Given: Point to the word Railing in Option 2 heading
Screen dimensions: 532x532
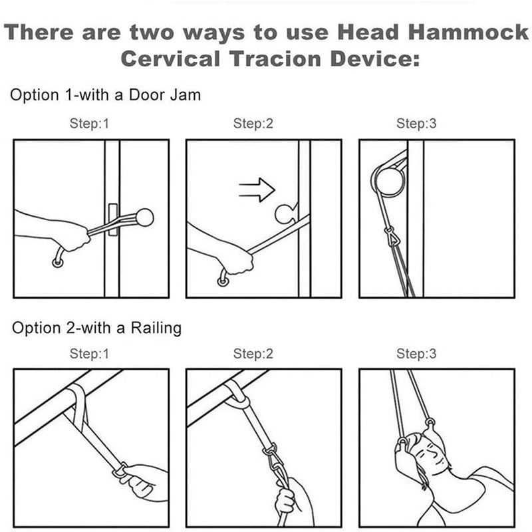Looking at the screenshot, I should [x=156, y=328].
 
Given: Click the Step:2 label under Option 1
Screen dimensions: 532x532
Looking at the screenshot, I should [x=253, y=124].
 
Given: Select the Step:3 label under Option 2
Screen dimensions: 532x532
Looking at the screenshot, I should [x=416, y=354].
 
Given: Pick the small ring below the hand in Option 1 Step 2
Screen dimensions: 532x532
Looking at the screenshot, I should [x=222, y=281].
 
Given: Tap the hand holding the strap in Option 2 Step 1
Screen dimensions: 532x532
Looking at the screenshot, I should [x=141, y=479].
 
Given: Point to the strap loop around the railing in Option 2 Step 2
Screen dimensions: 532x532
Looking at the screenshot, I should [x=237, y=396].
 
